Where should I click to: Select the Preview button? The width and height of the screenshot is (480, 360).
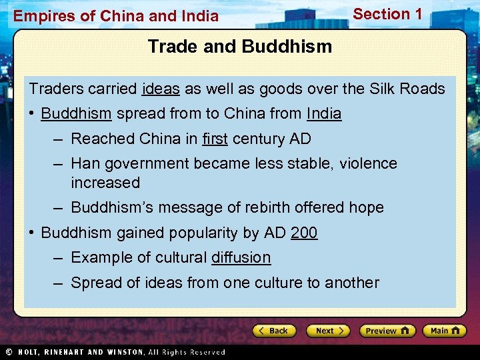[387, 331]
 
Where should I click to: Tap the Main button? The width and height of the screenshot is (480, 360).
[444, 331]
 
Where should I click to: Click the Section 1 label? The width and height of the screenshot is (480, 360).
[387, 14]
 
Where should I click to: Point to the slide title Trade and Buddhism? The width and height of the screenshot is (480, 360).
[239, 47]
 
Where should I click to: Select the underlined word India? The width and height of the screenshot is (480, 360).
[324, 114]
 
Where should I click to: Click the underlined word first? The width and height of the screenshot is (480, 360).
[214, 139]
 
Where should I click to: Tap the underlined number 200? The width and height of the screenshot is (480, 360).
[304, 233]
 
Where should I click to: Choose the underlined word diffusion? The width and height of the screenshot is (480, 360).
[241, 257]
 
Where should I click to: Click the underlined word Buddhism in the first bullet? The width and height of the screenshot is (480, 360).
[76, 114]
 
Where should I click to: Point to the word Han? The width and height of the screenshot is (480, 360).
[85, 163]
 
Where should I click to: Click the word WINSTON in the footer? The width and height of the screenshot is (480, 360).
[123, 352]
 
